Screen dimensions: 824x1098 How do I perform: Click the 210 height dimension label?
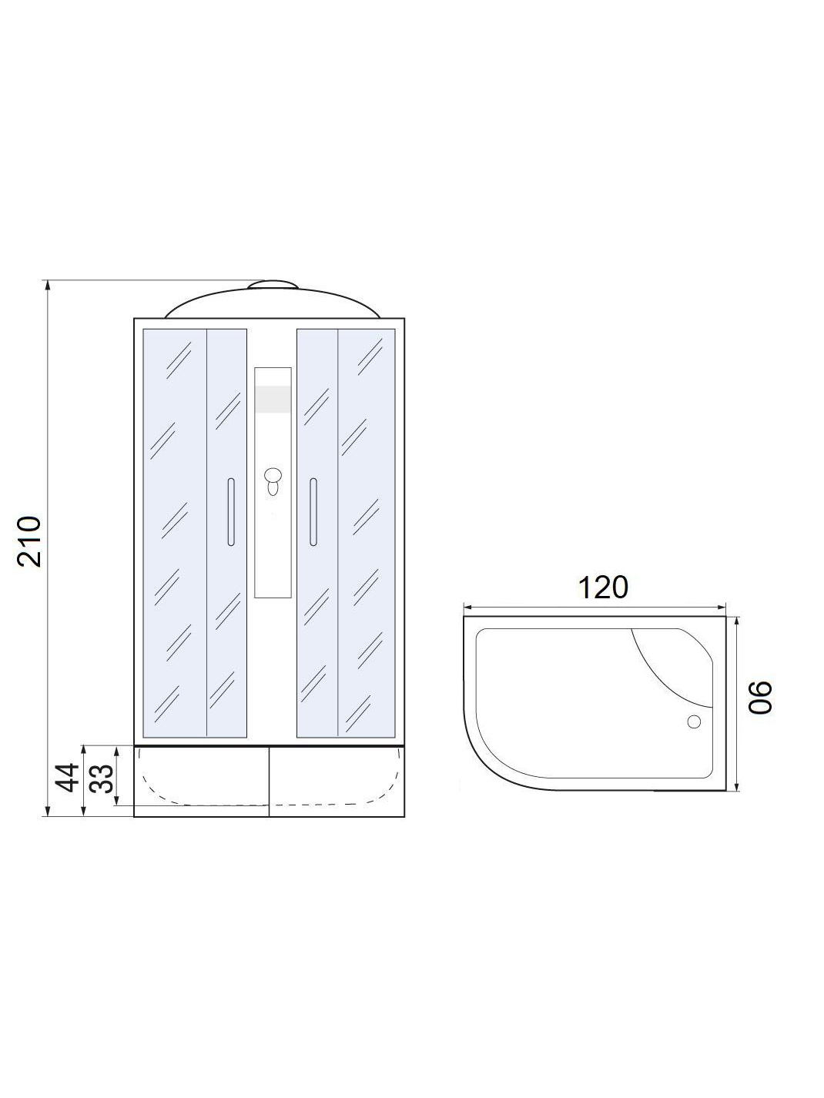(28, 541)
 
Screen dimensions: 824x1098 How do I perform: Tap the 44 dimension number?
(67, 778)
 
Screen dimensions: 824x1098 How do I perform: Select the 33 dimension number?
(102, 778)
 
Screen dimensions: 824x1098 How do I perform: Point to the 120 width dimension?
(602, 587)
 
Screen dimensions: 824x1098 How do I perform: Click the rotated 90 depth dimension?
(760, 697)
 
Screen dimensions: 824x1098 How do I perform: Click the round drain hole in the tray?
(694, 721)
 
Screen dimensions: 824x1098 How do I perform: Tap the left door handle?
(230, 512)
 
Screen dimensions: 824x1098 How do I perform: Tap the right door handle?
(313, 512)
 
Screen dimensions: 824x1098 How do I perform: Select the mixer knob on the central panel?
(273, 481)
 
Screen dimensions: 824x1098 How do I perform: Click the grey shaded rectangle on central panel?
(273, 399)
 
